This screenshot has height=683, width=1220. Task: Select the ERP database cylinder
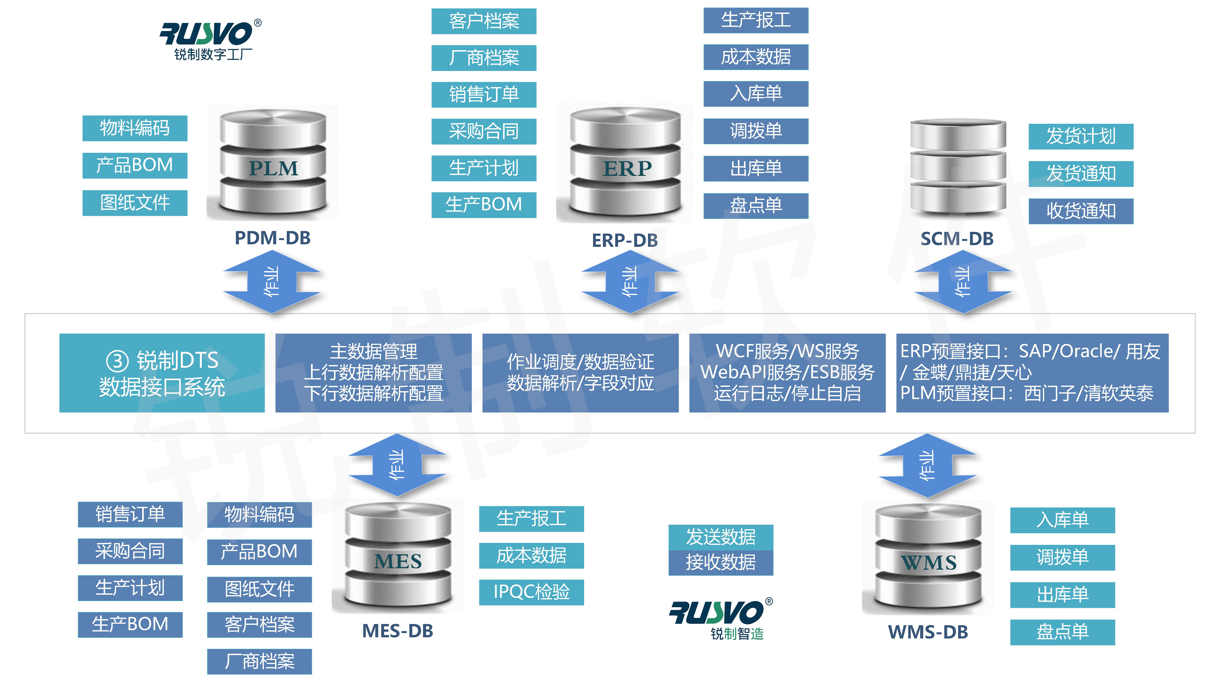coord(625,163)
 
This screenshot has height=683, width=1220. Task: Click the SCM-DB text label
coord(957,239)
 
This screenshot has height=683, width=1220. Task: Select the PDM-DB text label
coord(273,238)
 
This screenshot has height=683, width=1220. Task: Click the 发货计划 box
coord(1081,136)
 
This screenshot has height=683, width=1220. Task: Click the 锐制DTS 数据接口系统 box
coord(162,373)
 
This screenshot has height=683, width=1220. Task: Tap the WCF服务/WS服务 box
coord(787,373)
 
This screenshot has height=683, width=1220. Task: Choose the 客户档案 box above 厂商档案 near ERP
coord(484,21)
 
